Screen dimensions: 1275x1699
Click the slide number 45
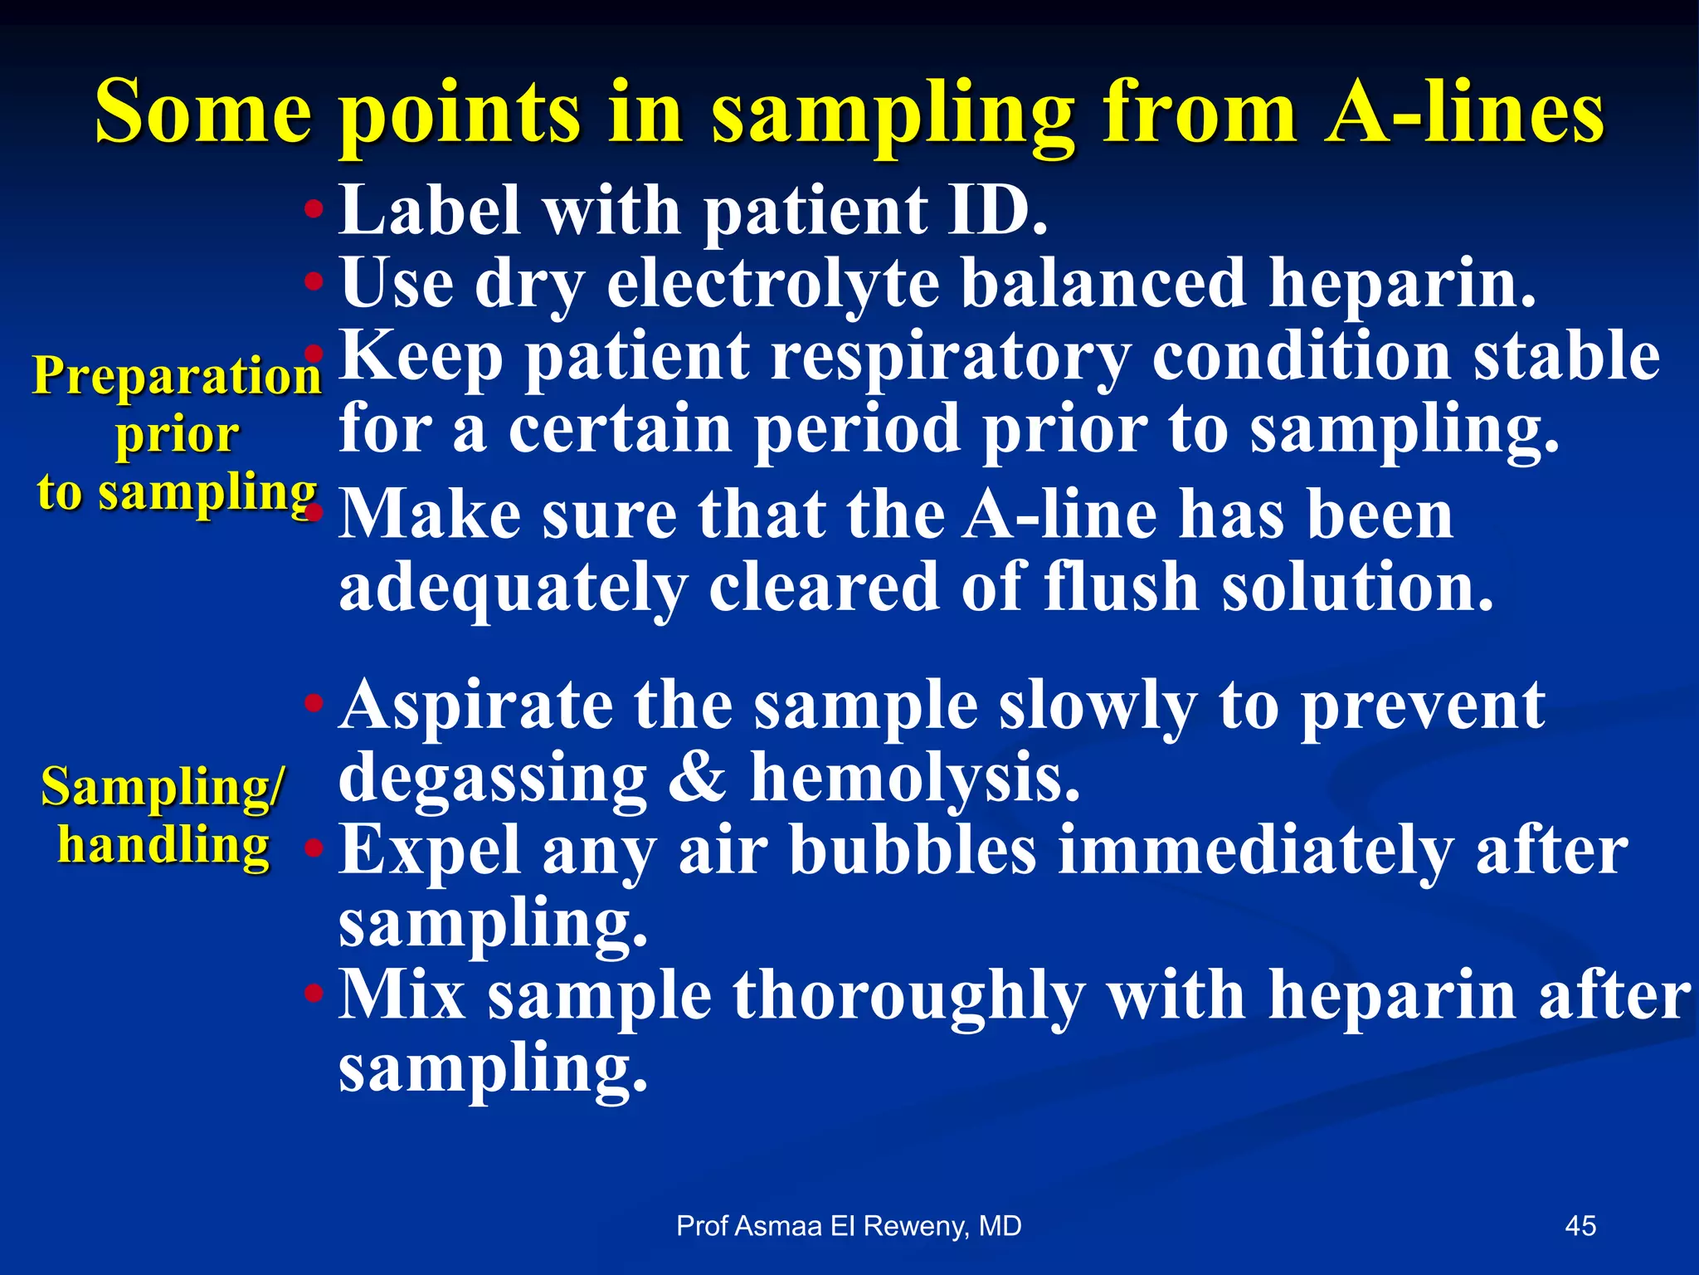[x=1580, y=1226]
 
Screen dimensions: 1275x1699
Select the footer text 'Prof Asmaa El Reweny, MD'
[x=849, y=1226]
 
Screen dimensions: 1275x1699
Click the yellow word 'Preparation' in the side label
[x=177, y=376]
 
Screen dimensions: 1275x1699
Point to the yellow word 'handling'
[x=163, y=846]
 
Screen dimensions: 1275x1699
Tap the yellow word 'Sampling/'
[x=163, y=786]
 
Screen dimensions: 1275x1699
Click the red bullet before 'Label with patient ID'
[x=313, y=209]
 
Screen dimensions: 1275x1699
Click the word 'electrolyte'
[x=773, y=284]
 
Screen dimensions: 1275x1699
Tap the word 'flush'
[x=1121, y=587]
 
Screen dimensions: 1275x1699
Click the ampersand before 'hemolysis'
[x=696, y=778]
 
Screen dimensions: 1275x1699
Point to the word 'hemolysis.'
[x=915, y=778]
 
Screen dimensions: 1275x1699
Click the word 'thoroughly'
[x=908, y=996]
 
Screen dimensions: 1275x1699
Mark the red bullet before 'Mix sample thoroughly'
[x=313, y=993]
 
